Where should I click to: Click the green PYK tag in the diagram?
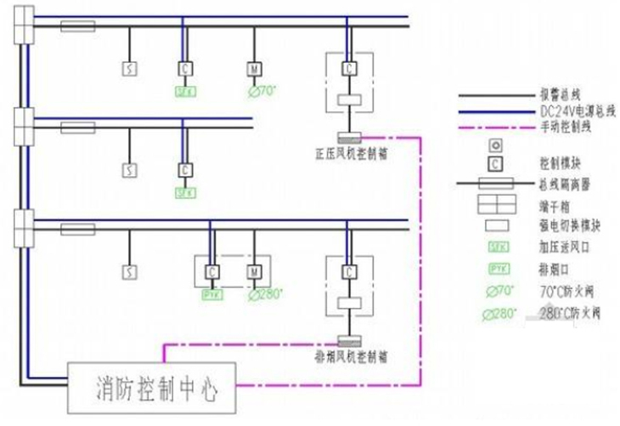pos(211,294)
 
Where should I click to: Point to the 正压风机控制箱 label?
pos(349,154)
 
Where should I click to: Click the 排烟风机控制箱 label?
pos(349,353)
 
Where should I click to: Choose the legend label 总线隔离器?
pos(561,182)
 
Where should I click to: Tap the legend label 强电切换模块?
pos(565,226)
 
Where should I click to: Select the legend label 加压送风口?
pos(561,248)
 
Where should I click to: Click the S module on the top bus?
pos(130,68)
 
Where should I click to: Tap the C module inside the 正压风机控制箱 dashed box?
pos(348,68)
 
